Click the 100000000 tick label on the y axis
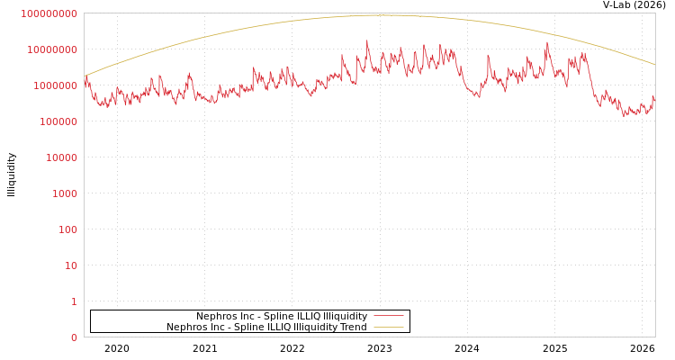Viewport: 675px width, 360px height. point(49,13)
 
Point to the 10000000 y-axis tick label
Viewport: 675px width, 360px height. point(52,49)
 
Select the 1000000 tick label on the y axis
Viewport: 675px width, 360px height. point(55,85)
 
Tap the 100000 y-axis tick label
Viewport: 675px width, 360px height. point(58,121)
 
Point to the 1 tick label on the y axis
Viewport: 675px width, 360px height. point(74,301)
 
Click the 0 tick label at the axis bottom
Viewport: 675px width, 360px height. point(74,337)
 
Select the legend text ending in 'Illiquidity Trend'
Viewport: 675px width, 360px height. point(266,328)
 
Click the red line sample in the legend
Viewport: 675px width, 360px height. point(388,316)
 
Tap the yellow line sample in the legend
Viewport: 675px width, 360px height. point(388,327)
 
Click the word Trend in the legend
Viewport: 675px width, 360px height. point(353,328)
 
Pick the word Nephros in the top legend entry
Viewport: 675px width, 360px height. point(216,317)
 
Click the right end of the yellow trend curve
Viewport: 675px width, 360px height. point(654,65)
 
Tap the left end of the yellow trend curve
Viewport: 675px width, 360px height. point(85,76)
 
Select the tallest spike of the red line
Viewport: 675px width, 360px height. point(367,40)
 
